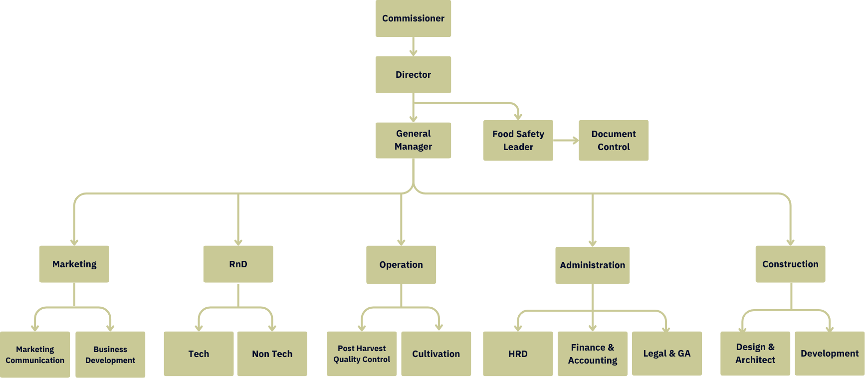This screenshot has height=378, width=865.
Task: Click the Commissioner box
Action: pos(413,18)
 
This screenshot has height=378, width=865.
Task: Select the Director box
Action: pos(413,74)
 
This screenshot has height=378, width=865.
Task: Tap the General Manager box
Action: pos(413,140)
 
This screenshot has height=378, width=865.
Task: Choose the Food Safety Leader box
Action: pos(518,140)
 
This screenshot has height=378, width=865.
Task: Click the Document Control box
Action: pos(614,140)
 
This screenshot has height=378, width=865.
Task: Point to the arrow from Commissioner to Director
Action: pos(413,47)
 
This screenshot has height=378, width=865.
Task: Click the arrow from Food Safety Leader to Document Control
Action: pos(566,141)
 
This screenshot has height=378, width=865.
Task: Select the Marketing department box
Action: pos(74,264)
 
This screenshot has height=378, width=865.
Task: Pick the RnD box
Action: pos(238,264)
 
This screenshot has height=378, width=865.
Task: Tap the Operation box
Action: pos(401,264)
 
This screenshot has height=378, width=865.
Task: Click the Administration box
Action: pos(592,265)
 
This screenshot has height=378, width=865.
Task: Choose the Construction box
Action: pos(790,264)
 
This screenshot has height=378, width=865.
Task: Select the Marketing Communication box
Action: pos(35,355)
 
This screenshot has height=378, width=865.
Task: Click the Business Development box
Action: pos(110,355)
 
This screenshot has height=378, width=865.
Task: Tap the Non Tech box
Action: pos(272,354)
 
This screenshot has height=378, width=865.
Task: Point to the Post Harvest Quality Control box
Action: pos(362,354)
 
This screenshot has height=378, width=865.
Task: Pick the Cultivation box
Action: pos(436,354)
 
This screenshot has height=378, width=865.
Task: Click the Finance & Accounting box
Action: pos(592,354)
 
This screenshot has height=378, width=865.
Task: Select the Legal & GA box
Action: pos(667,354)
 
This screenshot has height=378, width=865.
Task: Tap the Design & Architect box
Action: pos(755,353)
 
